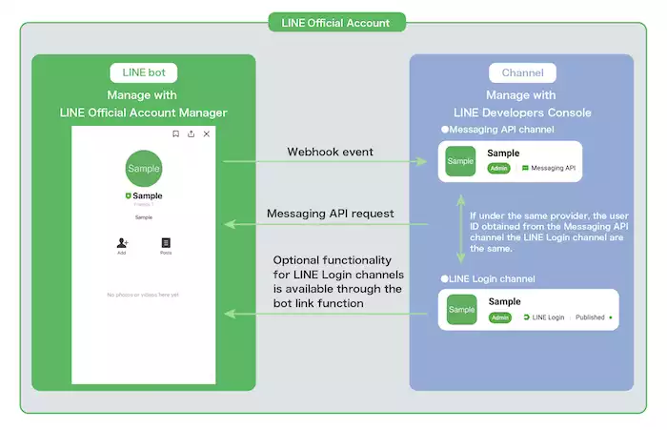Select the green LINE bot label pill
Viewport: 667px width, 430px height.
click(144, 72)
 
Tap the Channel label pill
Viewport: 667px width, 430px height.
click(523, 72)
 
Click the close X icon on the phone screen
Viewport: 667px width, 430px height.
click(207, 134)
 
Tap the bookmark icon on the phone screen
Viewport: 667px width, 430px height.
click(175, 134)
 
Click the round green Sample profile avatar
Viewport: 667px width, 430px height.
click(144, 168)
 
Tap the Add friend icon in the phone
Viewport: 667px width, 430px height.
click(122, 243)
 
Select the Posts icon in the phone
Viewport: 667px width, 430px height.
click(166, 243)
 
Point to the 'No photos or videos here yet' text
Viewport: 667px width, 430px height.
click(144, 295)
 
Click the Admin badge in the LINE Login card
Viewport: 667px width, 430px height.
click(499, 317)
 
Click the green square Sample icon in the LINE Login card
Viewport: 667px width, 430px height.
click(461, 310)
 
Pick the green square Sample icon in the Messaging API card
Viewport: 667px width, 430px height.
click(461, 161)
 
